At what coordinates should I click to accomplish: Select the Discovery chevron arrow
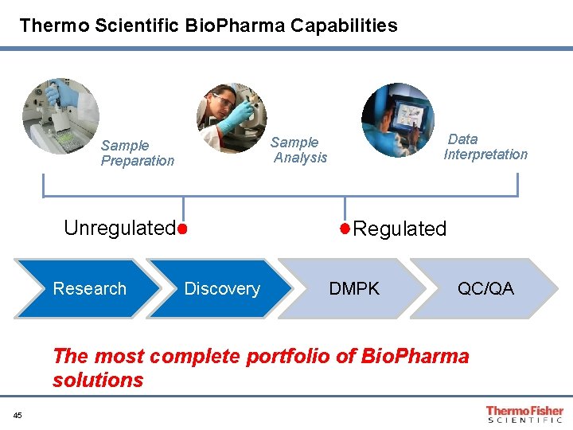coord(219,288)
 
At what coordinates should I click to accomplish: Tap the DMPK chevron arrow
coord(353,288)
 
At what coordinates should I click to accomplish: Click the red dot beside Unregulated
coord(182,229)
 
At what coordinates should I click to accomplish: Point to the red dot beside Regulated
coord(345,229)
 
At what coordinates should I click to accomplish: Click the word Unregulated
coord(119,229)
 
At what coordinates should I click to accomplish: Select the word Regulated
coord(400,229)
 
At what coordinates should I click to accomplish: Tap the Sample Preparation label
coord(137,153)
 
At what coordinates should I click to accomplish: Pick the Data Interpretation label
coord(485,147)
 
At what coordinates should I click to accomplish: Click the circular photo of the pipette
coord(60,116)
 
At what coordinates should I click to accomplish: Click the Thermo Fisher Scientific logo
coord(524,414)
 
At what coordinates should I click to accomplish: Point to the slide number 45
coord(18,414)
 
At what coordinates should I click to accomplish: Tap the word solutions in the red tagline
coord(98,380)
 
